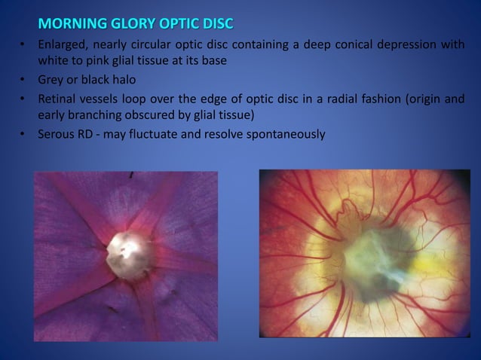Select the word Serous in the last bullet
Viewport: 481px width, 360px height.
[x=57, y=135]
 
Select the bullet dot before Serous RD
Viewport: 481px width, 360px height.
[x=23, y=135]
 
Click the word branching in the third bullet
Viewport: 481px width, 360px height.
[x=97, y=114]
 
